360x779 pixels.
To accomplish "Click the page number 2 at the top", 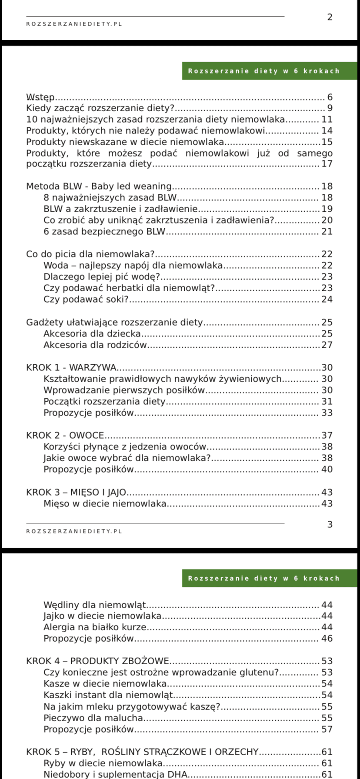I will coord(330,17).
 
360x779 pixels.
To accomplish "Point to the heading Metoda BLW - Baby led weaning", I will coord(99,186).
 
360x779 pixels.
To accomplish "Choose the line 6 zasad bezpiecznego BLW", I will coord(104,232).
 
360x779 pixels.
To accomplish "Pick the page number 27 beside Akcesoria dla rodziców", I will coord(327,345).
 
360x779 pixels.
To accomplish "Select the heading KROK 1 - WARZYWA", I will coord(71,367).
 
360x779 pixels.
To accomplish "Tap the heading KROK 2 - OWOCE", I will coord(65,435).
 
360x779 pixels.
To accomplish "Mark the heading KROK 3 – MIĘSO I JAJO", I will coord(76,493).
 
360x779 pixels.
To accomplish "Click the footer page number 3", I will coord(330,525).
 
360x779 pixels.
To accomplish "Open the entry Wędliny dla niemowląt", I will coord(94,605).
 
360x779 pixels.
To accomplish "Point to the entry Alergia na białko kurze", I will coord(94,627).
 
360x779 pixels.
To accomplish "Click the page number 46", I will coord(327,639).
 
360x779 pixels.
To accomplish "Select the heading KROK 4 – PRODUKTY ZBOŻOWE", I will coord(97,661).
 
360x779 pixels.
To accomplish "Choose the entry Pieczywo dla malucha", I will coord(93,718).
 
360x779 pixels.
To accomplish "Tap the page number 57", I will coord(327,729).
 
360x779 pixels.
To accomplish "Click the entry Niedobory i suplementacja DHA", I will coord(115,774).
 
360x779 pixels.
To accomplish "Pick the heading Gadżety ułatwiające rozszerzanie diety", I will coord(114,322).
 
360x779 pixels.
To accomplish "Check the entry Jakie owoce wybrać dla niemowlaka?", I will coord(127,458).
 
